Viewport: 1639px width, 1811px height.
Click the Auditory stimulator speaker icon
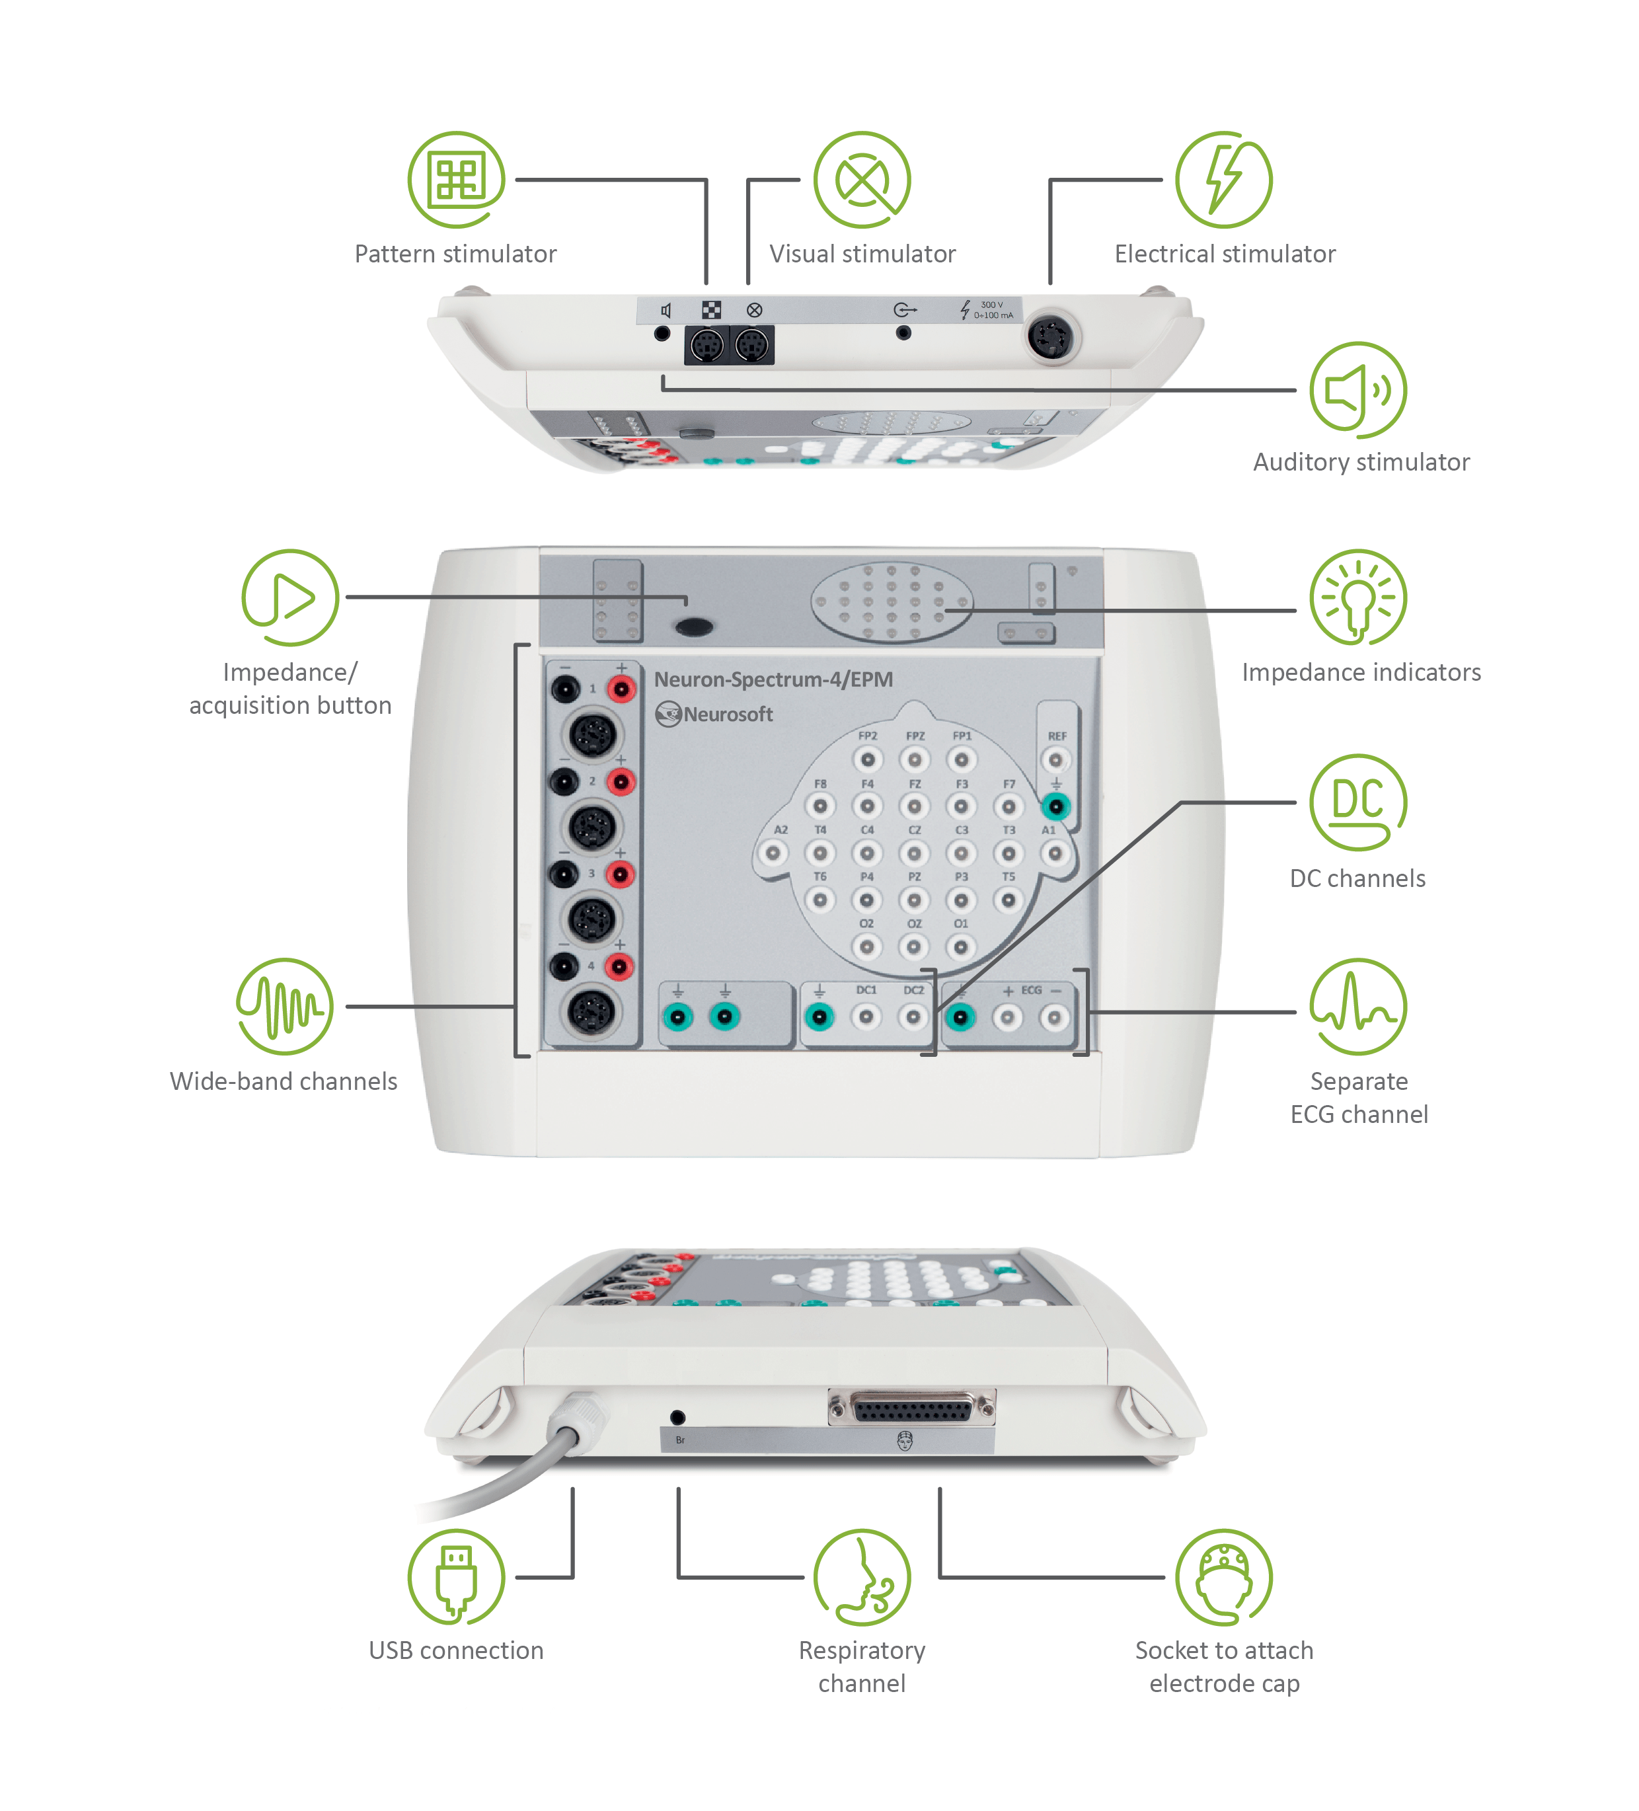pyautogui.click(x=1357, y=390)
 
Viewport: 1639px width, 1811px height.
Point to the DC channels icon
pyautogui.click(x=1357, y=801)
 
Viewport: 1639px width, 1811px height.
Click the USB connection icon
pyautogui.click(x=455, y=1576)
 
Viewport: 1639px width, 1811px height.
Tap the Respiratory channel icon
pyautogui.click(x=861, y=1576)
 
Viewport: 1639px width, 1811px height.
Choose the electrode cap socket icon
pyautogui.click(x=1223, y=1576)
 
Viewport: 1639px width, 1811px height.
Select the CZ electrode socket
pyautogui.click(x=913, y=853)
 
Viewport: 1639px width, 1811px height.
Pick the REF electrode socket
pyautogui.click(x=1055, y=760)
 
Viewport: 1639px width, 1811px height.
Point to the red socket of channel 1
pyautogui.click(x=621, y=689)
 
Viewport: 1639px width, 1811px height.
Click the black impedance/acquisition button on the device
pyautogui.click(x=693, y=626)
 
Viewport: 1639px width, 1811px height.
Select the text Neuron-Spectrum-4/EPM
pyautogui.click(x=773, y=679)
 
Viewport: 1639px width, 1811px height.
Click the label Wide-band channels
pyautogui.click(x=283, y=1081)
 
